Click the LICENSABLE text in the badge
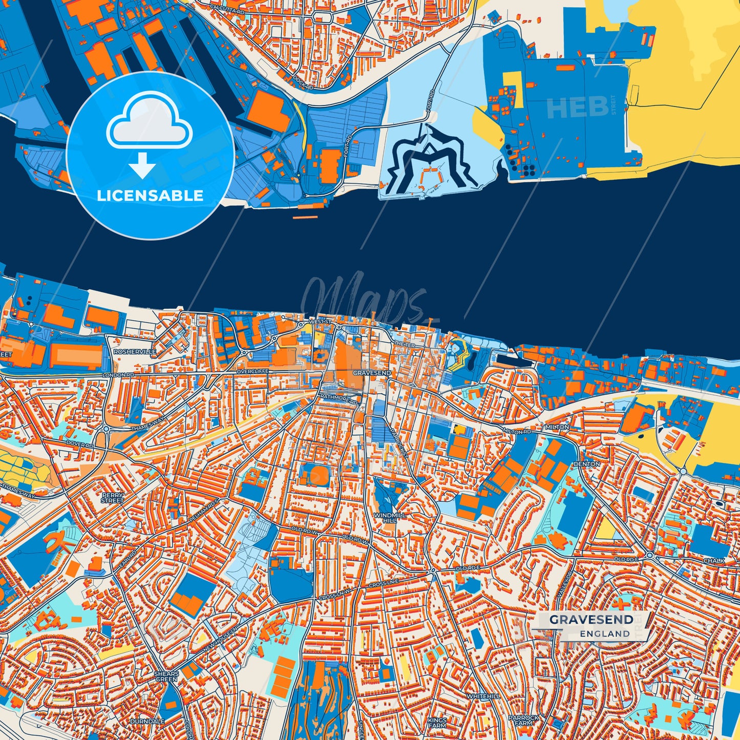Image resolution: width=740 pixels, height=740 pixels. pyautogui.click(x=150, y=195)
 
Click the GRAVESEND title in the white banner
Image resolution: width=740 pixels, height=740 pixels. pyautogui.click(x=591, y=620)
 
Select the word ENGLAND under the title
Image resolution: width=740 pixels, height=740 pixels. pyautogui.click(x=605, y=633)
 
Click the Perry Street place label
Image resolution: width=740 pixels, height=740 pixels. pyautogui.click(x=112, y=498)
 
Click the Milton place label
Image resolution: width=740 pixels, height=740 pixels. pyautogui.click(x=557, y=427)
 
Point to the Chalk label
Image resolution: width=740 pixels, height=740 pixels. pyautogui.click(x=714, y=561)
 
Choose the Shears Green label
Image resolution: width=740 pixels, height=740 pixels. pyautogui.click(x=166, y=676)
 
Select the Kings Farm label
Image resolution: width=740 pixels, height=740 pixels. pyautogui.click(x=437, y=723)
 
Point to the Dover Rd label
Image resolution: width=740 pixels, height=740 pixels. pyautogui.click(x=80, y=444)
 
